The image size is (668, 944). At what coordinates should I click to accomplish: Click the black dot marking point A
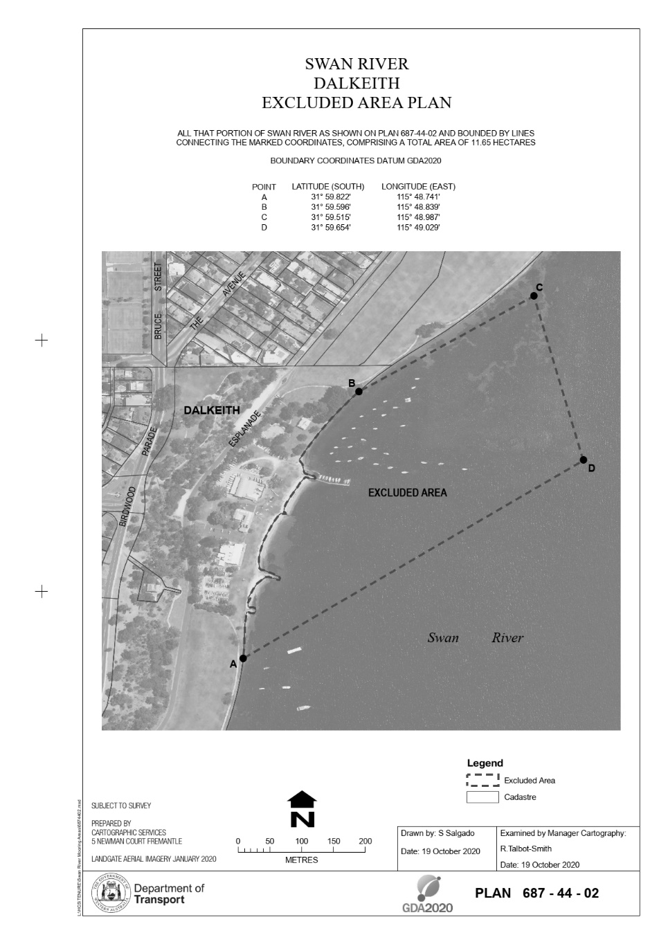pos(243,658)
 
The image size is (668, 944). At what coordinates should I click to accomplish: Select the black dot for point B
pos(359,392)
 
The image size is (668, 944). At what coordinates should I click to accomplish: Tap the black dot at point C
pos(534,296)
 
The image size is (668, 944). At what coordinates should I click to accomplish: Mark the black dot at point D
pos(584,460)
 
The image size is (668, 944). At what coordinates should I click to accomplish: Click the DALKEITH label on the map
pos(212,410)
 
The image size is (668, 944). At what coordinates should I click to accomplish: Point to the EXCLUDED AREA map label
pos(407,493)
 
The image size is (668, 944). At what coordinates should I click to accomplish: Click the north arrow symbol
pos(302,809)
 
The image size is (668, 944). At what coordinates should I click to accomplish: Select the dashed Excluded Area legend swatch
pos(482,781)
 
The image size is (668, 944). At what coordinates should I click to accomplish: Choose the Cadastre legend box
pos(482,797)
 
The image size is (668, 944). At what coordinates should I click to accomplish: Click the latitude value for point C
pos(331,217)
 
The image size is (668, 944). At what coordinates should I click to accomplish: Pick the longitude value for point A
pos(418,197)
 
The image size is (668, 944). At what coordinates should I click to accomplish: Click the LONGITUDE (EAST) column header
pos(418,187)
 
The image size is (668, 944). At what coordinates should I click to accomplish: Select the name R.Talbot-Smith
pos(525,849)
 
